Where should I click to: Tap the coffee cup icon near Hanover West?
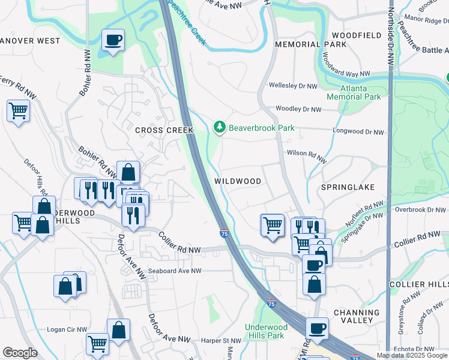click(113, 41)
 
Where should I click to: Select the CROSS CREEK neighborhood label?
click(164, 130)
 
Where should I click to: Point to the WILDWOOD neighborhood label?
click(238, 181)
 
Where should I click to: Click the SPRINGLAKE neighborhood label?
click(348, 187)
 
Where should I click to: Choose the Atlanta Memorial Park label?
click(354, 92)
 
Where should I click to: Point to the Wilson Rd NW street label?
click(306, 157)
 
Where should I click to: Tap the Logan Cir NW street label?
click(67, 330)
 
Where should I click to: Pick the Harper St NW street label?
click(220, 340)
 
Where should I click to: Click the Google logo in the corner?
click(20, 353)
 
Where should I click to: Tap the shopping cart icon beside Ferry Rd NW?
click(19, 111)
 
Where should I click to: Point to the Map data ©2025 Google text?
click(412, 355)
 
